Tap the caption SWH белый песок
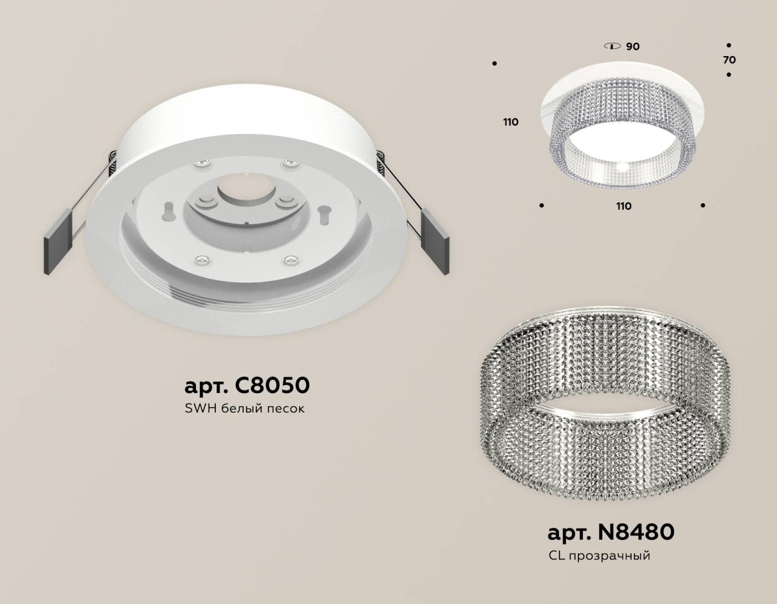245,409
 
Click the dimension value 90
633,47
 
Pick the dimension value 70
729,60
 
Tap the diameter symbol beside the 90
612,46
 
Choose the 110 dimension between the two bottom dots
624,207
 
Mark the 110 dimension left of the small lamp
511,122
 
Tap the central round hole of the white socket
243,188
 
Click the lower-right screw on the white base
290,259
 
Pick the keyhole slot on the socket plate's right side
322,212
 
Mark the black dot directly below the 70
729,74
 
